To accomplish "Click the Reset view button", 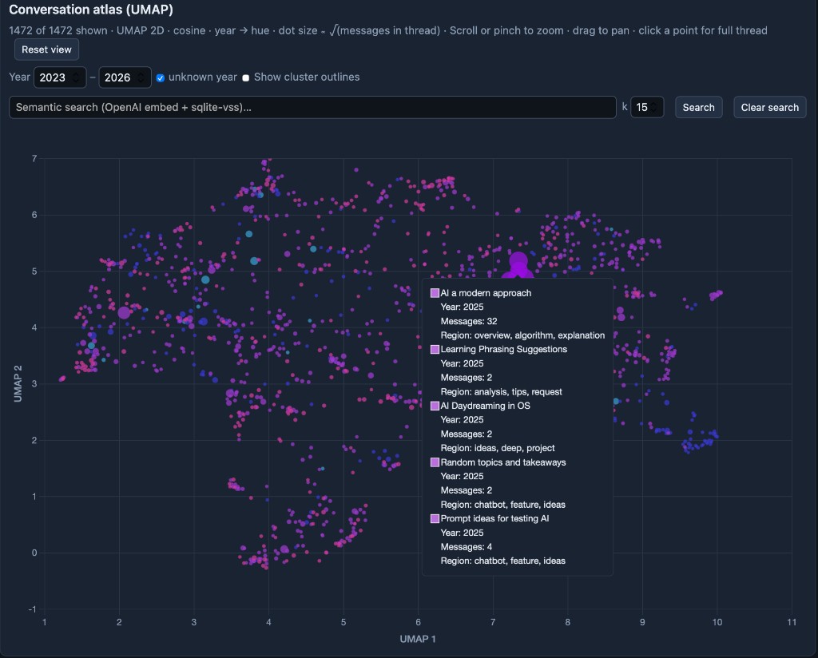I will pyautogui.click(x=46, y=50).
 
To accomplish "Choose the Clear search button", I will pyautogui.click(x=769, y=108).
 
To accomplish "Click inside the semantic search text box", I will pyautogui.click(x=312, y=108).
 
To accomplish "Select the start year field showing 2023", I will pyautogui.click(x=59, y=77).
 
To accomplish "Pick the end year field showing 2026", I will pyautogui.click(x=125, y=77).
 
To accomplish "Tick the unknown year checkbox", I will pyautogui.click(x=161, y=78).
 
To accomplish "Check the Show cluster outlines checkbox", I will pyautogui.click(x=246, y=78).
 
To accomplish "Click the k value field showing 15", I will pyautogui.click(x=646, y=108).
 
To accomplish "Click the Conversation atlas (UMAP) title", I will pyautogui.click(x=91, y=10).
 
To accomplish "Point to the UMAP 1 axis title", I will pyautogui.click(x=418, y=639).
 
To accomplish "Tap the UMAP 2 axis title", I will pyautogui.click(x=18, y=383).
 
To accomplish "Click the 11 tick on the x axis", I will pyautogui.click(x=792, y=623).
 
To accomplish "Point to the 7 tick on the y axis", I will pyautogui.click(x=34, y=159).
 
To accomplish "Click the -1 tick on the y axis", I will pyautogui.click(x=32, y=609).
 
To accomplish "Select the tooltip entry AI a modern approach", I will pyautogui.click(x=486, y=293).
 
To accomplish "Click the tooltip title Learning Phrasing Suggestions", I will pyautogui.click(x=503, y=350).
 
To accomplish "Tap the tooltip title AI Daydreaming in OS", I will pyautogui.click(x=485, y=406).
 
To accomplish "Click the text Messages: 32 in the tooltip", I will pyautogui.click(x=469, y=321).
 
